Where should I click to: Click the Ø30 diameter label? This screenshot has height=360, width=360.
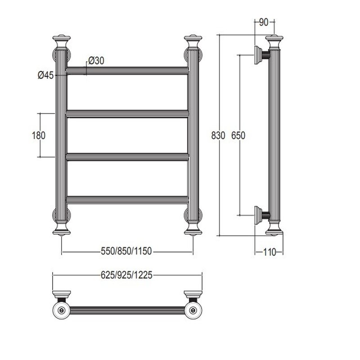tap(96, 61)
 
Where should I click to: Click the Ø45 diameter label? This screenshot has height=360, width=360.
tap(46, 75)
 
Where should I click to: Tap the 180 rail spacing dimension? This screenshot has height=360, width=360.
tap(39, 135)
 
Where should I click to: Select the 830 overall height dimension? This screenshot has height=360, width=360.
tap(218, 135)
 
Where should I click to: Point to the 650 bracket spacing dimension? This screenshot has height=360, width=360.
tap(238, 135)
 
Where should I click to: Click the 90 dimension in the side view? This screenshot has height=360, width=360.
tap(264, 22)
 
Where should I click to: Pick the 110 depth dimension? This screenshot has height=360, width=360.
tap(269, 252)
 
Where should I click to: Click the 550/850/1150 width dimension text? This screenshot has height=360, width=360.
tap(126, 251)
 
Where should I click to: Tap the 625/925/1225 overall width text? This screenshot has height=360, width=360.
tap(126, 275)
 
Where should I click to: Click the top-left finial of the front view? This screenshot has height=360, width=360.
tap(61, 41)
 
